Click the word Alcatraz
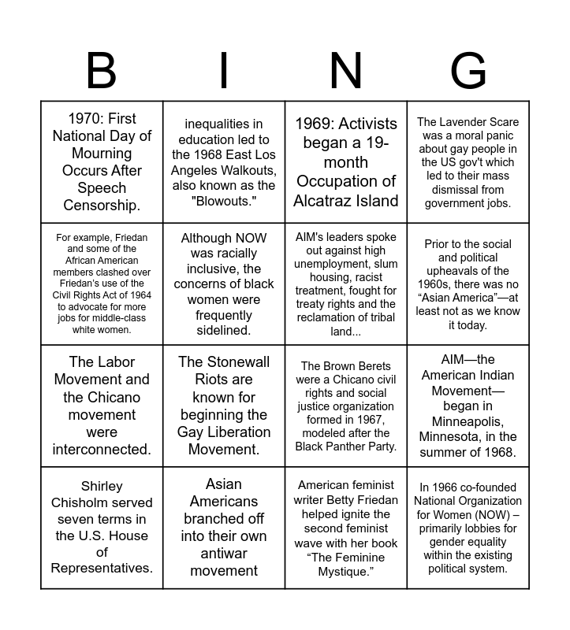(x=323, y=201)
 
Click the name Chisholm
(x=102, y=502)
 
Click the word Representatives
(x=102, y=568)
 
